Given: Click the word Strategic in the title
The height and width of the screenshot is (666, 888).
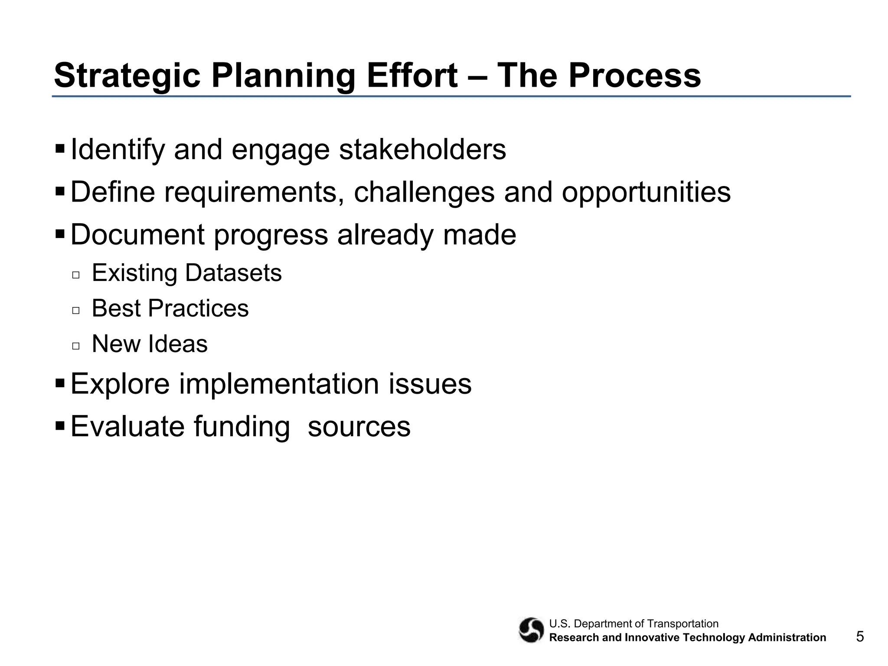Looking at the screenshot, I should click(x=127, y=76).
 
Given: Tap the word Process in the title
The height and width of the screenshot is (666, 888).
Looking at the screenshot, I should click(x=634, y=75).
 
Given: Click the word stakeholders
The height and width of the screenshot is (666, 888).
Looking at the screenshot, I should click(x=422, y=150).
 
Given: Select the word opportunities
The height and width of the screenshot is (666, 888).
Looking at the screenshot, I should click(x=646, y=192).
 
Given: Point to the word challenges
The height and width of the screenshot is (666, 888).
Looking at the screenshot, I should click(x=424, y=192).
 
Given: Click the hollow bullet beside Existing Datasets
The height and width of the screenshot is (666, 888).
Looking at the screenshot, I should click(x=76, y=275).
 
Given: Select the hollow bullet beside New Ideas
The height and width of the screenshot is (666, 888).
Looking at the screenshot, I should click(x=76, y=346).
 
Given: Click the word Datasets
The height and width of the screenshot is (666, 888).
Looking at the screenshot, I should click(x=233, y=273).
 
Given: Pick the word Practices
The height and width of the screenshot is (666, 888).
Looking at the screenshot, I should click(x=198, y=309).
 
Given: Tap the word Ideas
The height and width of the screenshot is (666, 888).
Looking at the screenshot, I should click(x=178, y=344).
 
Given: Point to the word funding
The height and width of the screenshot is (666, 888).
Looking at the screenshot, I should click(x=242, y=427).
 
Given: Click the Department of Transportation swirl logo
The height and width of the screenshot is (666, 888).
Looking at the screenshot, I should click(x=531, y=630).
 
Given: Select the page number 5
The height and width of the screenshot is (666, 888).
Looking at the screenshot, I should click(x=860, y=637).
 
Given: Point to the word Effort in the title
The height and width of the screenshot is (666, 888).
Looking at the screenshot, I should click(x=412, y=75).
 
